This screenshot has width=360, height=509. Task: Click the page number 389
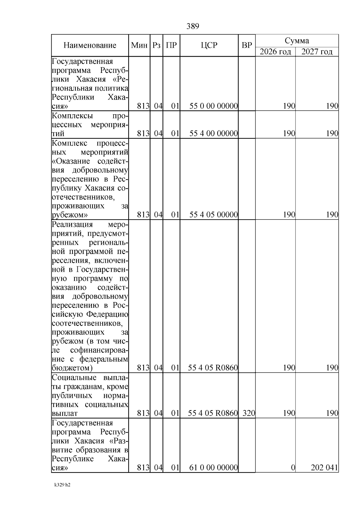[x=193, y=26]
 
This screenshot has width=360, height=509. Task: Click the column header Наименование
[x=90, y=45]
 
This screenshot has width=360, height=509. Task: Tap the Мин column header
[x=139, y=45]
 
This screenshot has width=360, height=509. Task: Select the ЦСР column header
[x=209, y=45]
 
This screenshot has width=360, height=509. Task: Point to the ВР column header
[x=247, y=45]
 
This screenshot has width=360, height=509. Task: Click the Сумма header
[x=297, y=40]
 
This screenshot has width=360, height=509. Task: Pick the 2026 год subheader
[x=275, y=52]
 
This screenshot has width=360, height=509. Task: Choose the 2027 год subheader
[x=317, y=52]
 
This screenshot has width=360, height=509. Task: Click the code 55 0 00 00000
[x=214, y=106]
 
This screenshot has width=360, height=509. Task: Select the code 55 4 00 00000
[x=214, y=133]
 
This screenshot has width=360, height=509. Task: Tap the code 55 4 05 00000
[x=214, y=214]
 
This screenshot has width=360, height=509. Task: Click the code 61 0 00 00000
[x=214, y=467]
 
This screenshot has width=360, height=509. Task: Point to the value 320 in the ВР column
[x=249, y=413]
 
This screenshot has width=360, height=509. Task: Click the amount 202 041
[x=324, y=467]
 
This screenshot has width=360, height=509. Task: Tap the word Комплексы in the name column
[x=72, y=116]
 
